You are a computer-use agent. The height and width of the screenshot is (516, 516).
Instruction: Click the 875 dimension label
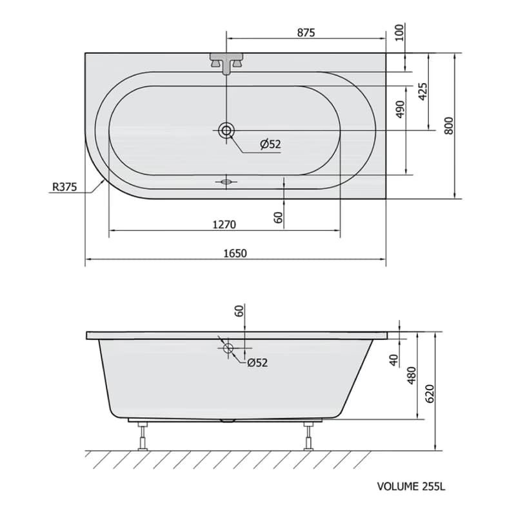click(x=306, y=33)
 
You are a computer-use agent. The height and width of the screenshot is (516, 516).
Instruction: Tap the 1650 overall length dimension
click(x=235, y=253)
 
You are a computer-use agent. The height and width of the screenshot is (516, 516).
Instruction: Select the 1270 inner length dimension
click(x=224, y=224)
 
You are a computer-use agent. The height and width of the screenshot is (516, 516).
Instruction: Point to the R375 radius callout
click(x=64, y=187)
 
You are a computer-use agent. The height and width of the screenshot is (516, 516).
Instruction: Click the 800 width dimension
click(x=449, y=125)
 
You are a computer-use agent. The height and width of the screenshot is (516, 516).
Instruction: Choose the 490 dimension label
click(x=400, y=109)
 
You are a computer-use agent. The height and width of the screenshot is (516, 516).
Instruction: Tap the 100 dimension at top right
click(x=399, y=32)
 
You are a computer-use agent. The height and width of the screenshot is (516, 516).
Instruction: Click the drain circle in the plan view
click(x=226, y=130)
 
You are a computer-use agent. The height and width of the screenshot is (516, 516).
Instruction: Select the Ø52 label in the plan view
click(x=270, y=144)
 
